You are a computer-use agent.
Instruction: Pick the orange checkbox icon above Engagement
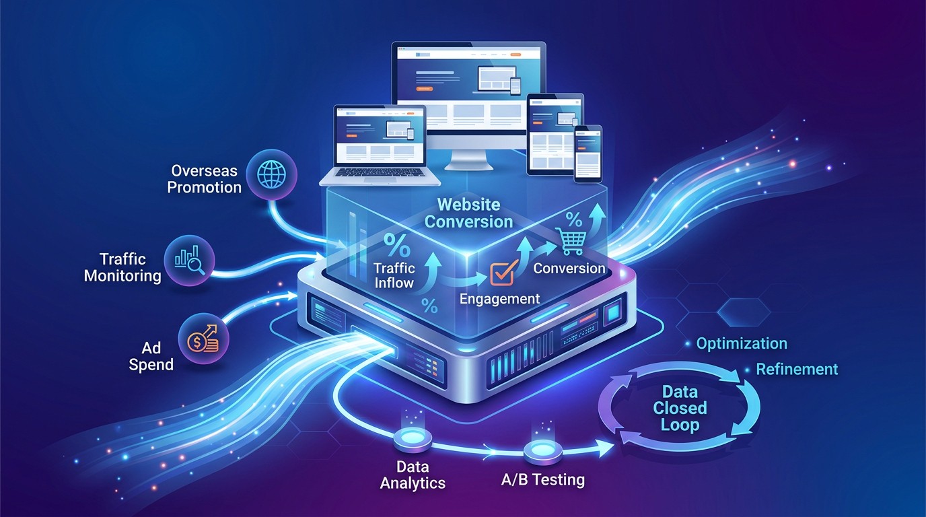pos(501,273)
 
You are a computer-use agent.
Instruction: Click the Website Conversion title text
pos(470,213)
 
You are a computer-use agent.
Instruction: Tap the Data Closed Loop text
pos(680,408)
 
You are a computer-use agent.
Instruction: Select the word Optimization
pos(742,343)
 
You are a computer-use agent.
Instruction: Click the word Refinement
pos(797,369)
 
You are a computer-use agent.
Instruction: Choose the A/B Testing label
pos(543,480)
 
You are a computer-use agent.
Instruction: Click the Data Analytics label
pos(412,475)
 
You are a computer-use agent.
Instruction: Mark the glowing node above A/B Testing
pos(542,450)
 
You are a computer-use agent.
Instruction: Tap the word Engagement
pos(499,298)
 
